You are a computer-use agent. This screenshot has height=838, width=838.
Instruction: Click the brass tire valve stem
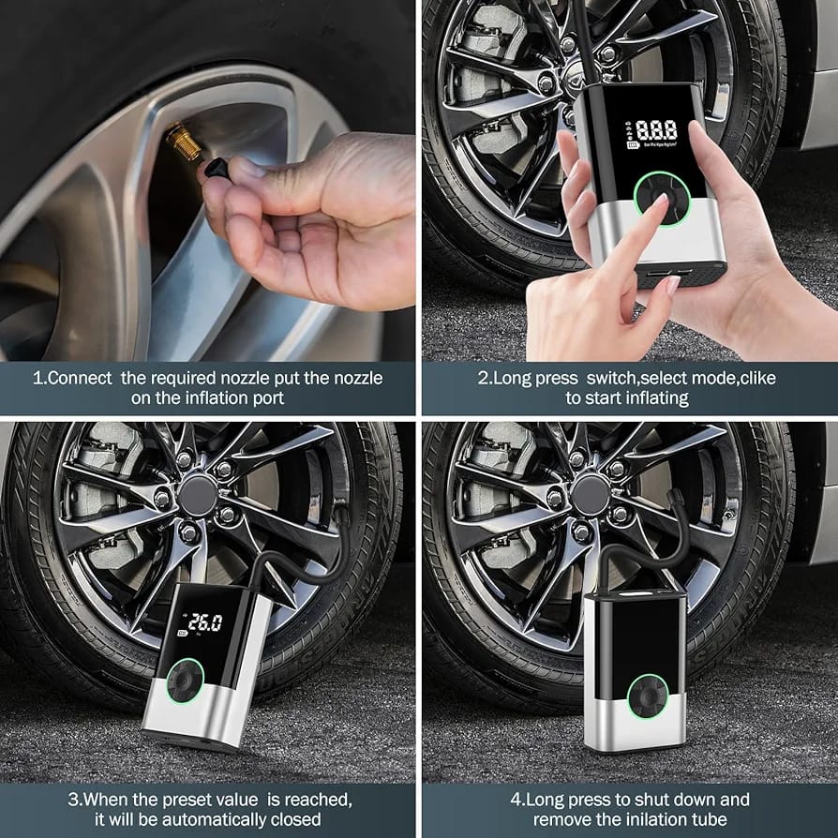click(184, 143)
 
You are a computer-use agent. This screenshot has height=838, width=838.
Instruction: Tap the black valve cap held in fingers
click(216, 170)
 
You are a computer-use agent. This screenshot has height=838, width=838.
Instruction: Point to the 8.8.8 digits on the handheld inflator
click(655, 131)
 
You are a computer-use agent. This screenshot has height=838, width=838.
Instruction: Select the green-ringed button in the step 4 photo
click(649, 696)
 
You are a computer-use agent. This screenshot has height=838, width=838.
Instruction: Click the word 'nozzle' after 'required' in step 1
click(254, 379)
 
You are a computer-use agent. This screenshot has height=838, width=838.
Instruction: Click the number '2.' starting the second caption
click(485, 379)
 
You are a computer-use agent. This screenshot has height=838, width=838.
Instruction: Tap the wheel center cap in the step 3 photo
click(197, 495)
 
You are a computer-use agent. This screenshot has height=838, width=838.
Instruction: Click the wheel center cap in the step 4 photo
click(591, 493)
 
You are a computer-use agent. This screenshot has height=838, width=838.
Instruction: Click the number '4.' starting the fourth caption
click(516, 800)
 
